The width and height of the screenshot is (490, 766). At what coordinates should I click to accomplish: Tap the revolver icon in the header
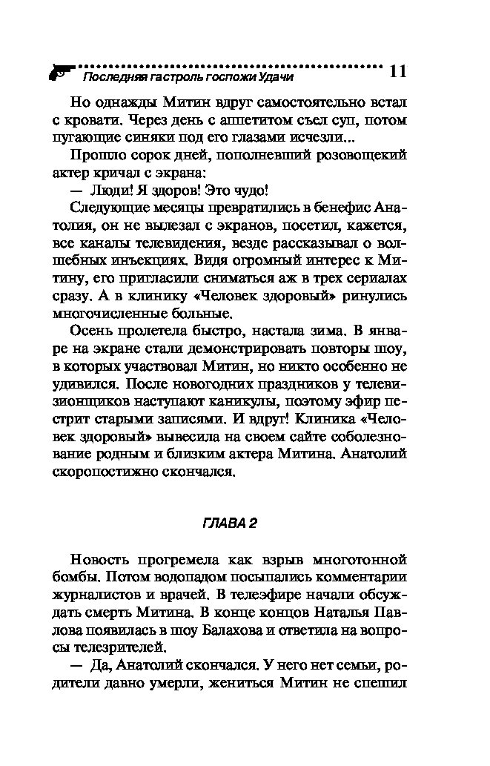[x=58, y=72]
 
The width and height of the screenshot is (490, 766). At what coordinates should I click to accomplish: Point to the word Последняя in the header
[x=109, y=76]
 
